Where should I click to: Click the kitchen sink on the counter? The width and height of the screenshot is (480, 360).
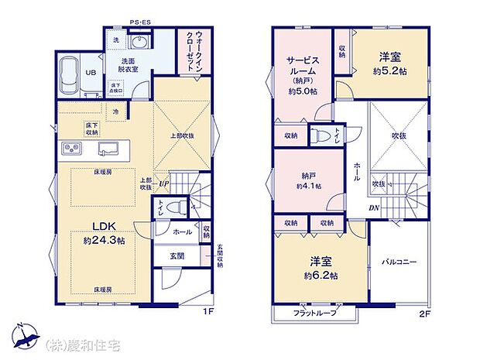[107, 148]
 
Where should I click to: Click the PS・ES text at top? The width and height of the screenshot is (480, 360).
[141, 24]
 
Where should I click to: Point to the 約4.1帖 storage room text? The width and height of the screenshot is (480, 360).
[309, 186]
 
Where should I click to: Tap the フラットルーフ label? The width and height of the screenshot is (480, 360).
[314, 313]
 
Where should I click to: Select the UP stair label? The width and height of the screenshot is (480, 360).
[163, 183]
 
